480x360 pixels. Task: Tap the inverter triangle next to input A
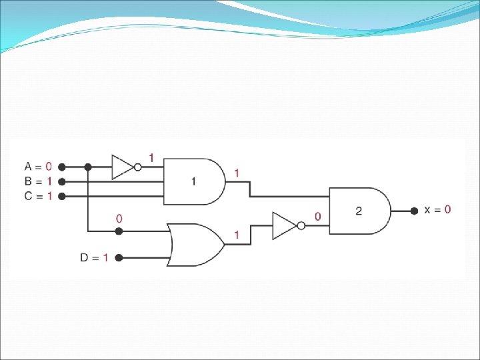coord(123,167)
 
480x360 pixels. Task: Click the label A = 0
coord(38,166)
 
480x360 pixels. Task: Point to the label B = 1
coord(38,181)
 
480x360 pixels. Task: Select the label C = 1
coord(38,195)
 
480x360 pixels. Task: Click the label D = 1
coord(94,257)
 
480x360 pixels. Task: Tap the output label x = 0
coord(438,209)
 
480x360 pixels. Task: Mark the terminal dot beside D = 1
coord(119,257)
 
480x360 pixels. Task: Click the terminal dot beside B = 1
coord(61,181)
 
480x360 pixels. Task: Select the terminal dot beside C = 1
coord(61,196)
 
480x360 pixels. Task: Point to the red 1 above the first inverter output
coord(151,158)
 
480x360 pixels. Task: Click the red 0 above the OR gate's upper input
coord(119,218)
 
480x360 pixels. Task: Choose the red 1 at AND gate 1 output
coord(236,173)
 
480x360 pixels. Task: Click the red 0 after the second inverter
coord(317,216)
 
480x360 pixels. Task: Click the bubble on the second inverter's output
coord(301,226)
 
